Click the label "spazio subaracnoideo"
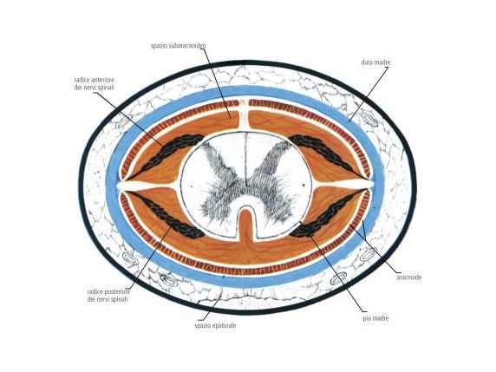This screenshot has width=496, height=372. click(x=179, y=46)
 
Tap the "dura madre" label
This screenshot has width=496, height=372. click(x=375, y=62)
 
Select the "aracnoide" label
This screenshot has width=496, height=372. click(x=408, y=277)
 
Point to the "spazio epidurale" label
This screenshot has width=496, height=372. click(x=215, y=325)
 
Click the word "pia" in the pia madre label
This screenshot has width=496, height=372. click(x=367, y=318)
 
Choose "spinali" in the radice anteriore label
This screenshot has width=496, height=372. click(x=104, y=87)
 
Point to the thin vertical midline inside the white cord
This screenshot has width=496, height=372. click(x=245, y=159)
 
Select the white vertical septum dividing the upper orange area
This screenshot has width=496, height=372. click(x=243, y=114)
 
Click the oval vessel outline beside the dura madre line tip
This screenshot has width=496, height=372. click(x=369, y=121)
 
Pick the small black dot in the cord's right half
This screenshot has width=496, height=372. click(x=303, y=184)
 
